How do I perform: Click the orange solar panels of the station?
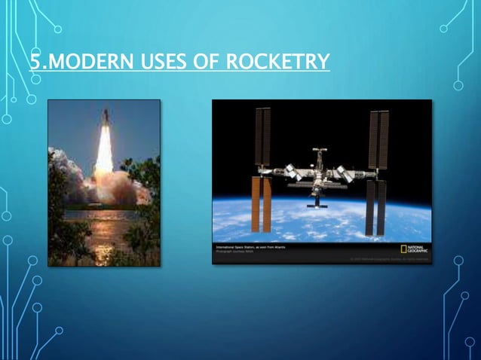(262, 204)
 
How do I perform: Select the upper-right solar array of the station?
(378, 139)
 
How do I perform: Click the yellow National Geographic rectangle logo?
(405, 249)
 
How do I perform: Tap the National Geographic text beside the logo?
(419, 249)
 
